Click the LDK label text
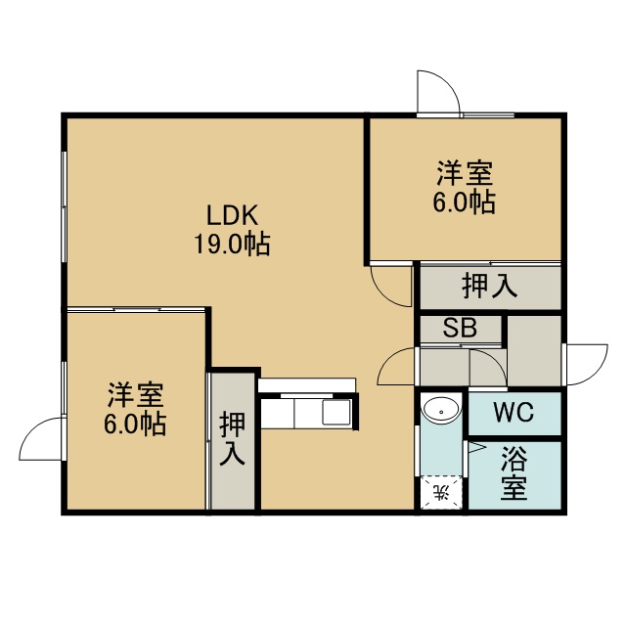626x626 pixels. (232, 215)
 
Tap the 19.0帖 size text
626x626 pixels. (232, 244)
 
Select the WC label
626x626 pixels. (514, 412)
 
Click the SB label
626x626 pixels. (460, 328)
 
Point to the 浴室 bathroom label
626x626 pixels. (514, 473)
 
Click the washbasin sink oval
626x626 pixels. (441, 410)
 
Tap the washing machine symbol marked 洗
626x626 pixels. (441, 493)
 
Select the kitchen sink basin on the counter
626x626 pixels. (336, 412)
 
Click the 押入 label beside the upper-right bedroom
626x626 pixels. (489, 286)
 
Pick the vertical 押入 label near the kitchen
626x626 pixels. (232, 439)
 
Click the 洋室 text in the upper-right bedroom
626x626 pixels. (465, 173)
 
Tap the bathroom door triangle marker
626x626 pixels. (475, 448)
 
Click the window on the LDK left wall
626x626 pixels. (64, 206)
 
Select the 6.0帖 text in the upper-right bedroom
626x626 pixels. (465, 201)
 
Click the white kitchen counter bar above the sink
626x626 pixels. (306, 385)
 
